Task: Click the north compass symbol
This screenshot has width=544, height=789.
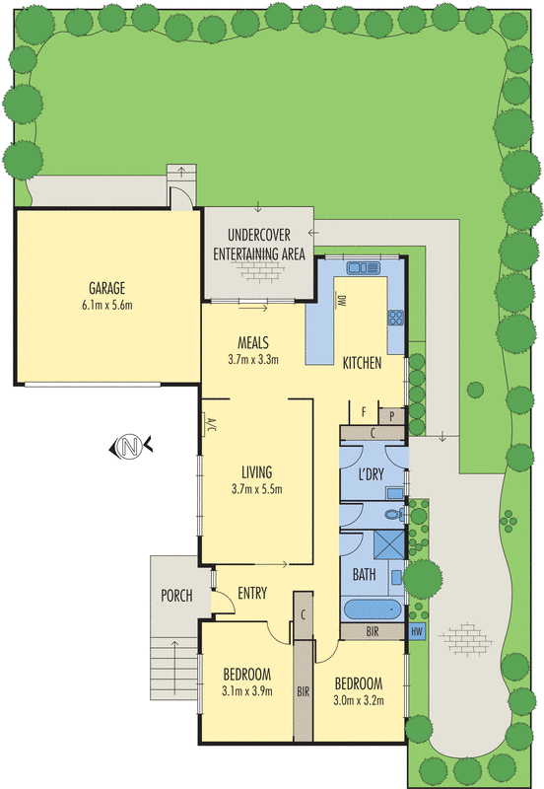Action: point(131,447)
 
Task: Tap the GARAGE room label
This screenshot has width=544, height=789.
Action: point(106,288)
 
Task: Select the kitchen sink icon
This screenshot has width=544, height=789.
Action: point(363,267)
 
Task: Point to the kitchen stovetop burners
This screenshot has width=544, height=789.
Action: point(396,318)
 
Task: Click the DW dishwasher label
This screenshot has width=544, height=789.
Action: point(342,301)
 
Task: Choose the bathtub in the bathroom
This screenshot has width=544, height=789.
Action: point(373,610)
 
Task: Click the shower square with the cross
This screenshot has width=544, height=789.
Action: point(389,544)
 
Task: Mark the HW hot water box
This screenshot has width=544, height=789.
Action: point(417,631)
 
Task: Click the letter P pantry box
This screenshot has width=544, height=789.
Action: point(391,416)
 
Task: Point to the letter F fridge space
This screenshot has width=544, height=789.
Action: point(364,412)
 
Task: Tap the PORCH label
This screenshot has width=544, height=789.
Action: point(176,596)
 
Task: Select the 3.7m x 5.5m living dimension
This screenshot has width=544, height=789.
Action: point(257,489)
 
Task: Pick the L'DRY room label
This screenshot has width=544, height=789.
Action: point(372,474)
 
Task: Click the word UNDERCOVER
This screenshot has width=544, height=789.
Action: point(259,235)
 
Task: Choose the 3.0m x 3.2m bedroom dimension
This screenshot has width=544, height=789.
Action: point(359,700)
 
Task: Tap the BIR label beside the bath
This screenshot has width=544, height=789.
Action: point(373,631)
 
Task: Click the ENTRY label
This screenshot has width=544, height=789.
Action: point(252,594)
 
